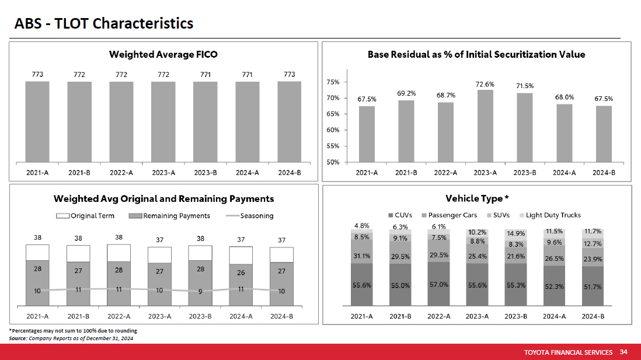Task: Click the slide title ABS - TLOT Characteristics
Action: pyautogui.click(x=104, y=24)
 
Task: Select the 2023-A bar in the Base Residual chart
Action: pyautogui.click(x=485, y=125)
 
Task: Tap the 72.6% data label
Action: pyautogui.click(x=485, y=84)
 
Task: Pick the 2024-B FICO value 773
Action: pyautogui.click(x=289, y=75)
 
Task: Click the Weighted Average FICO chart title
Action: pyautogui.click(x=163, y=54)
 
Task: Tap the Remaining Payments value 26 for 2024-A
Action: pyautogui.click(x=241, y=271)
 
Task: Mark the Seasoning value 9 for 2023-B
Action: pyautogui.click(x=200, y=292)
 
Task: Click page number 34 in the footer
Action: pyautogui.click(x=623, y=352)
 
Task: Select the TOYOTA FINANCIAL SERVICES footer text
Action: pyautogui.click(x=569, y=352)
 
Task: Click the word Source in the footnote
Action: pyautogui.click(x=18, y=338)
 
